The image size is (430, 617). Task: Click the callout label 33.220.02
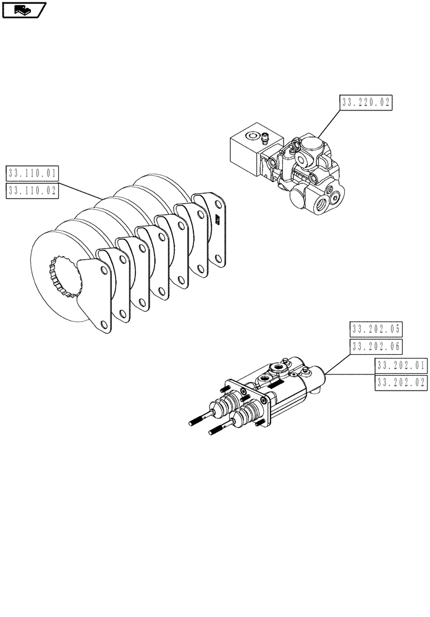(366, 103)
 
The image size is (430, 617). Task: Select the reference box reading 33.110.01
(32, 173)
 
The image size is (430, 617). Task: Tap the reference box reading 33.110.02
(32, 191)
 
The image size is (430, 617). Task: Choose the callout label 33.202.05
(376, 329)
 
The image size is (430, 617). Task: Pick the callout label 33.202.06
(376, 346)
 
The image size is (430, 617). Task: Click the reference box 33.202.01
(400, 365)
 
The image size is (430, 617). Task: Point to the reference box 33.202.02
(400, 383)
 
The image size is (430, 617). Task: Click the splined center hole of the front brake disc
(65, 277)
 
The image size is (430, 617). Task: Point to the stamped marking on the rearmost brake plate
(217, 220)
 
